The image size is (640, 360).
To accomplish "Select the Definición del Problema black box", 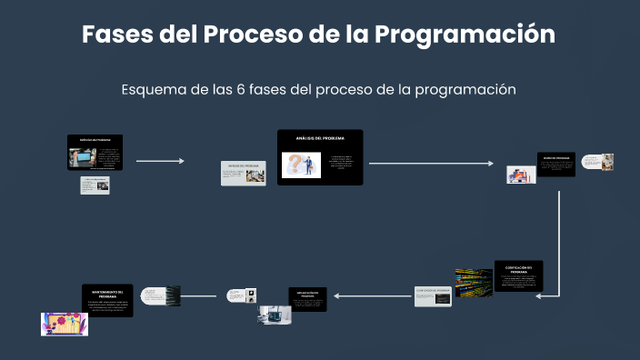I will click(95, 153).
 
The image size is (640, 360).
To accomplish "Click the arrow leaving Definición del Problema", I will click(160, 161).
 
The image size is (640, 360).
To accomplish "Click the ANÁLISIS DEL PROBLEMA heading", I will click(320, 138).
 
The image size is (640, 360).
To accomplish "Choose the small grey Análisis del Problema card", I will click(244, 173).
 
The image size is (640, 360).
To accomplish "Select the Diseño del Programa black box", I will click(555, 165).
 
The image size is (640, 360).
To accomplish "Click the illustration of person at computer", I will click(520, 175).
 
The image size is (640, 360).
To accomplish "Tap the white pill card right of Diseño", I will click(596, 162).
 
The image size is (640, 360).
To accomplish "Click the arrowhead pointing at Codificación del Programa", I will click(547, 295).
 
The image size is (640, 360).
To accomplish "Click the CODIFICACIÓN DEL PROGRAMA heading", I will click(518, 268).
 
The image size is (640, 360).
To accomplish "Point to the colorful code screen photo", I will click(474, 283).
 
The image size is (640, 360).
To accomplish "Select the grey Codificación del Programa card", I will click(433, 296).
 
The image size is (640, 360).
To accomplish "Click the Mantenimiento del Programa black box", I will click(107, 300).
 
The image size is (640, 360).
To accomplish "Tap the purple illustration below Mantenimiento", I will click(65, 325).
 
